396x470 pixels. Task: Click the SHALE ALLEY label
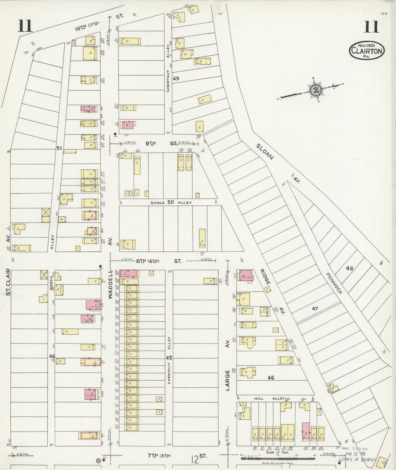(171, 202)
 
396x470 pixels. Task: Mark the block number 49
(176, 78)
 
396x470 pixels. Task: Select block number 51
(59, 148)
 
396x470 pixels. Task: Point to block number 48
(349, 268)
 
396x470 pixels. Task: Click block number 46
(271, 378)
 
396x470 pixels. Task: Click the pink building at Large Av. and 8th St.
(246, 275)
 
